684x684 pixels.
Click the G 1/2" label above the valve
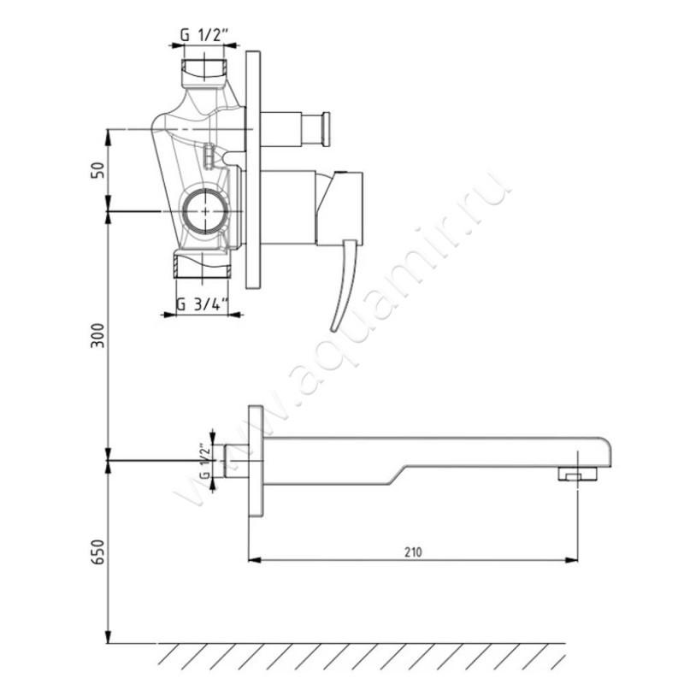[x=204, y=35]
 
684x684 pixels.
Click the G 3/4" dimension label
[x=203, y=304]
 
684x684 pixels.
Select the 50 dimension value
[x=98, y=169]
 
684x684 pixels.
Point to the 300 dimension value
[x=98, y=335]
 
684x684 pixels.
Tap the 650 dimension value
[x=98, y=551]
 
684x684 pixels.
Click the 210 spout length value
[x=413, y=552]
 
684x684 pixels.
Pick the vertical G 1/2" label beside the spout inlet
[x=205, y=461]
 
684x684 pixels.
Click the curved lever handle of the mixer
[x=345, y=285]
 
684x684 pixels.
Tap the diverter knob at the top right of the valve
[x=326, y=130]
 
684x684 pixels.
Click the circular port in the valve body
[x=204, y=211]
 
